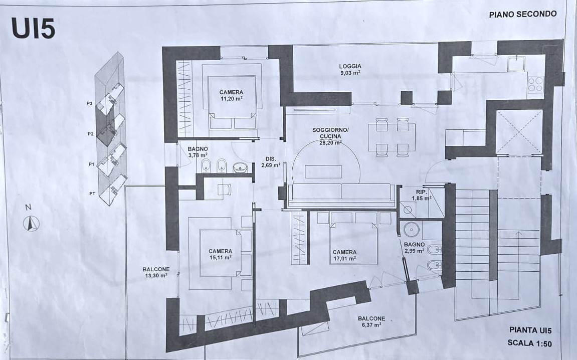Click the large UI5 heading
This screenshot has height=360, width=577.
tap(33, 28)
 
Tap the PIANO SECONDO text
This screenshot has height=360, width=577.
tap(522, 15)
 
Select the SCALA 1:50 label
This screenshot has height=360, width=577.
tap(529, 342)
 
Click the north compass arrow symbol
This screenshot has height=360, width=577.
tap(31, 223)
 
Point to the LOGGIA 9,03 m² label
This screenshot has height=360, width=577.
tap(350, 69)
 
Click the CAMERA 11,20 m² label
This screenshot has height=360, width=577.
tap(231, 95)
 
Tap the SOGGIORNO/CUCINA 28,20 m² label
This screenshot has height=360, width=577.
tap(330, 136)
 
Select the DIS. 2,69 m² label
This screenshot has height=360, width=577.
tap(271, 162)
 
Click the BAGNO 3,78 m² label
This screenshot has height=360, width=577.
tap(198, 152)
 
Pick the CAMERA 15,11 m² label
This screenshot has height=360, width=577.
tap(220, 254)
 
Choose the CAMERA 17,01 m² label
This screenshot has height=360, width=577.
tap(344, 255)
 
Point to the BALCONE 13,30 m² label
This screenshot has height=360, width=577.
tap(156, 272)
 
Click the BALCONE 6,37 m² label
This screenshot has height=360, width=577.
tap(371, 322)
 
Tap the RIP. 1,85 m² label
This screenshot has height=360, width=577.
tap(421, 195)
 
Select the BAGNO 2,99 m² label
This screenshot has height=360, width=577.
tap(415, 247)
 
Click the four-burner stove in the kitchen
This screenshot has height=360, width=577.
tap(536, 84)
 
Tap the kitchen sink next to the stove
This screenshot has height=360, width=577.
tap(516, 63)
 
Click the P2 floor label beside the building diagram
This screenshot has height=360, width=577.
tap(91, 134)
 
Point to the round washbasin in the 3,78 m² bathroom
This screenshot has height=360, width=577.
tap(240, 168)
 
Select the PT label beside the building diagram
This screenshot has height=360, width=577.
tap(92, 194)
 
